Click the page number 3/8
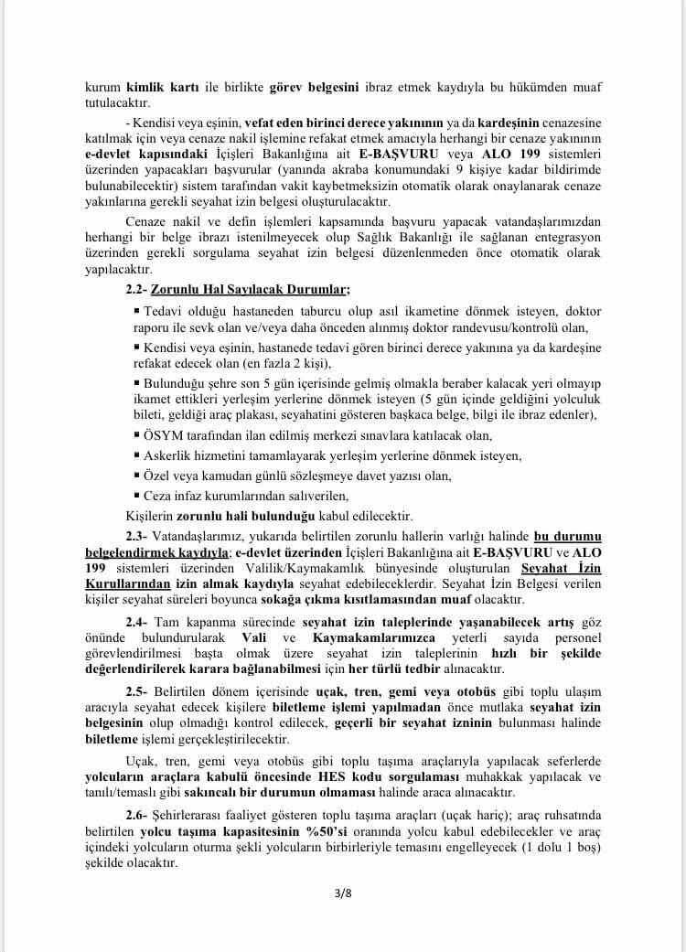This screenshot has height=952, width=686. [343, 893]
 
